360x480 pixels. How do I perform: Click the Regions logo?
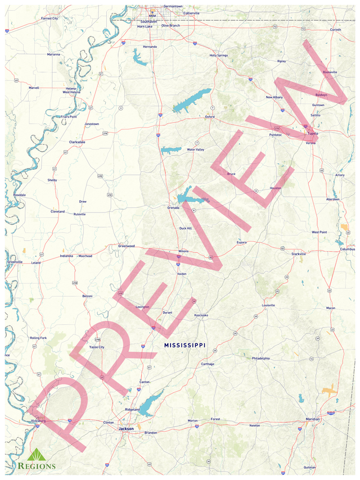coord(37,459)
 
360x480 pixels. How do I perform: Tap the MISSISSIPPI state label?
coord(185,345)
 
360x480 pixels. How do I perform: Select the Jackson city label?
coord(126,429)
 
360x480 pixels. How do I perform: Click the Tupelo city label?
coord(312,134)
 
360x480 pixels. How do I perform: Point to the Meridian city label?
coord(312,419)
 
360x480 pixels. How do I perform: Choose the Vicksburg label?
coord(38,420)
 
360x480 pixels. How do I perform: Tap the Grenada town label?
coord(173,207)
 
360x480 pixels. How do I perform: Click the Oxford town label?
coord(210,117)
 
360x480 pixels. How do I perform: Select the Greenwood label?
coord(127,246)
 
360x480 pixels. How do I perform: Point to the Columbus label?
coord(348,249)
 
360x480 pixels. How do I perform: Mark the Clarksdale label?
coord(77,142)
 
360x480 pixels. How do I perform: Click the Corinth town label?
coord(335,29)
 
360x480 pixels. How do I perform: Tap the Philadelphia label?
coord(260,358)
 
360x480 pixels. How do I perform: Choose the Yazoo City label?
coord(97,347)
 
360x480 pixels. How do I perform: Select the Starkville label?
coord(298,254)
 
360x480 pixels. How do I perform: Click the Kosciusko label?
coord(201,315)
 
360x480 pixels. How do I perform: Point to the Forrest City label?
coord(49,18)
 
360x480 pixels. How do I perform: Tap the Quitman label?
coord(309,467)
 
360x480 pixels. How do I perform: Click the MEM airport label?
coord(152,16)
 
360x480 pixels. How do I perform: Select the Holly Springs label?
coord(219,56)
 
